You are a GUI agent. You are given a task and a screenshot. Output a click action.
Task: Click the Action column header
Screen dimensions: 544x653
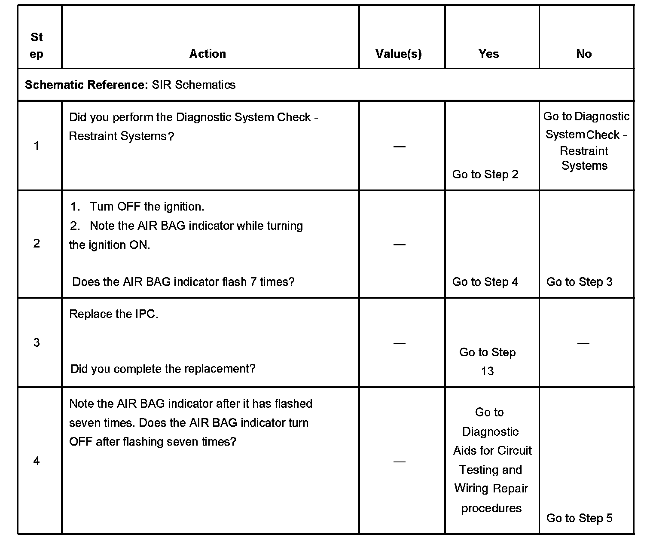pyautogui.click(x=207, y=54)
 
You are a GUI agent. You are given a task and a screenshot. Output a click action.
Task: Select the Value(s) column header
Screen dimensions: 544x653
pyautogui.click(x=399, y=54)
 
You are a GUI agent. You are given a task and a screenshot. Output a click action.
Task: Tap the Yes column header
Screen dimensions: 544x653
pyautogui.click(x=488, y=54)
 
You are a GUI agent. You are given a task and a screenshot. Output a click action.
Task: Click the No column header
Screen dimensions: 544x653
pyautogui.click(x=584, y=54)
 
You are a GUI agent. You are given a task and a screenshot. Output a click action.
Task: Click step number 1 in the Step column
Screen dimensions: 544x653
pyautogui.click(x=37, y=146)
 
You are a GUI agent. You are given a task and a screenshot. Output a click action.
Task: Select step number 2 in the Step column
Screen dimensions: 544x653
pyautogui.click(x=37, y=244)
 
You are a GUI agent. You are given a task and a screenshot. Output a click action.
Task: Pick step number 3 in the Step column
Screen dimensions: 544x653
pyautogui.click(x=37, y=342)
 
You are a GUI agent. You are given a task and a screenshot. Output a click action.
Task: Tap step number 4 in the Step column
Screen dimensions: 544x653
pyautogui.click(x=37, y=461)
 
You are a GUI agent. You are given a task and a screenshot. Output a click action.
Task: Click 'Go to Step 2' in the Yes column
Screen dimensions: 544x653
pyautogui.click(x=485, y=174)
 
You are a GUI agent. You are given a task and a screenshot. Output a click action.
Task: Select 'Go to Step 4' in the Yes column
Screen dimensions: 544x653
pyautogui.click(x=485, y=282)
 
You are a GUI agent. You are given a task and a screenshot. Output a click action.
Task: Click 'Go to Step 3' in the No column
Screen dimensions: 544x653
pyautogui.click(x=580, y=282)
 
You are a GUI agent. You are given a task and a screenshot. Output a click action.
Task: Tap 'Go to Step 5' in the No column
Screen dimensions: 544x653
pyautogui.click(x=580, y=518)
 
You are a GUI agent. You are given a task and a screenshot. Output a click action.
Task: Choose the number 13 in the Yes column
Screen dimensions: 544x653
pyautogui.click(x=487, y=371)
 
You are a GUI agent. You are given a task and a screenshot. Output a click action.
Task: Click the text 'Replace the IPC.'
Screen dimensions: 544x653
pyautogui.click(x=114, y=314)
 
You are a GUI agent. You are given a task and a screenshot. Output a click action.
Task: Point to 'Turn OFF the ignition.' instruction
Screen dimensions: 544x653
pyautogui.click(x=146, y=207)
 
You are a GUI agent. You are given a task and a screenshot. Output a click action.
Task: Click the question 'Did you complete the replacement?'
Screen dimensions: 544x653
pyautogui.click(x=163, y=369)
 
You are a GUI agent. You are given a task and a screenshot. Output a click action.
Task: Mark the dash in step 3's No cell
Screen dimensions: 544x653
pyautogui.click(x=583, y=343)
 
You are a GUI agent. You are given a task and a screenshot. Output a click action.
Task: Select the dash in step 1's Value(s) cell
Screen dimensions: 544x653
pyautogui.click(x=400, y=147)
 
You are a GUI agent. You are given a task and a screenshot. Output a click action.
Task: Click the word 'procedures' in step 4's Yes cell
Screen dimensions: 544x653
pyautogui.click(x=491, y=508)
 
